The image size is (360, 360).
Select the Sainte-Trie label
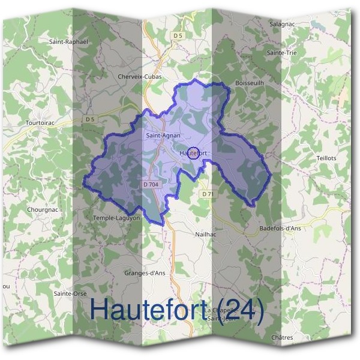[282, 53]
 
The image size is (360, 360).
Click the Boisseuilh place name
[250, 82]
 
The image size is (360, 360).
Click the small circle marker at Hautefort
[193, 152]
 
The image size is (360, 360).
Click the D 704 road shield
[151, 184]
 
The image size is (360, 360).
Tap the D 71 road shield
[208, 194]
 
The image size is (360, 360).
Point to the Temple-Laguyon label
[117, 218]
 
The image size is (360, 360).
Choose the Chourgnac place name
[41, 210]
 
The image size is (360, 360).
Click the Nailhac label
[205, 234]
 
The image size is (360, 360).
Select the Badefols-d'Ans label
[280, 229]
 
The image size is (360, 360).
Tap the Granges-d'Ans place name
[145, 273]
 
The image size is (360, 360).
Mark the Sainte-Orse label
[70, 293]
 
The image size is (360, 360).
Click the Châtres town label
[282, 338]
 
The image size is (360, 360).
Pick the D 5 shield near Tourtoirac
[90, 119]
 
